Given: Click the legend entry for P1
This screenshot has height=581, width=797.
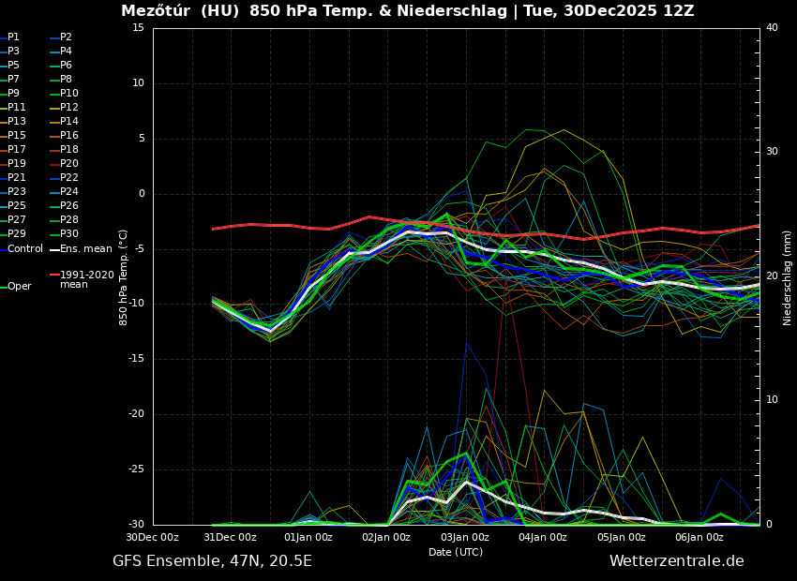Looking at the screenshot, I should coord(13,37).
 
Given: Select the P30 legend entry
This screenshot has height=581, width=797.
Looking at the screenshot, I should coord(69,234).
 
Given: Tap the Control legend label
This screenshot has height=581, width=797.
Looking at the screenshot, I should coord(25,248).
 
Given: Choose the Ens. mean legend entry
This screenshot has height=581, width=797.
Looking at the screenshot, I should coord(85,248).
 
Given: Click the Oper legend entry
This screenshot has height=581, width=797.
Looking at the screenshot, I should coord(19,287).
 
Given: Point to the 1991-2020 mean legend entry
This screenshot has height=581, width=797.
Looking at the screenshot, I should coord(86,279).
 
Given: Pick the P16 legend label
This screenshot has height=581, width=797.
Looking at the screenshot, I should coord(69,136).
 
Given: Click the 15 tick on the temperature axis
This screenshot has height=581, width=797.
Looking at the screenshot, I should coord(138,28).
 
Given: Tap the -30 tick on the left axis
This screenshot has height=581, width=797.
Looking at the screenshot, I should coord(135,525).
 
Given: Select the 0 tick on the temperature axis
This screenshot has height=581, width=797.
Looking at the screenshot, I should coord(141,194).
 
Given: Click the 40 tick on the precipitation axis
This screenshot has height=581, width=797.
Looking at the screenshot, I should coord(772,28).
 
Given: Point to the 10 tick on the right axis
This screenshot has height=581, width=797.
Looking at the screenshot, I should coord(772,400).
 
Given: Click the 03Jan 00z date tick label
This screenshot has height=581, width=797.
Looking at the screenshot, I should coord(465,538).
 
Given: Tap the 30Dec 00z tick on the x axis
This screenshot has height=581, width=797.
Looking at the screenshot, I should coord(153,538).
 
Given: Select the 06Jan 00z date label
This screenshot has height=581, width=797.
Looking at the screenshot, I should coord(699,538).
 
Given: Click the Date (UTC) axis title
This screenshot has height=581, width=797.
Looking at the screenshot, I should coord(456,553).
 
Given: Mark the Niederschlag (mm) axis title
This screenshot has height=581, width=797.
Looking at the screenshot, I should coord(788,277).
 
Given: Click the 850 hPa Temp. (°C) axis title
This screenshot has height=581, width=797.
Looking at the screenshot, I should coord(124,277).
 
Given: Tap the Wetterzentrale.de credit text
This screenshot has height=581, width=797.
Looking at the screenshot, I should coord(676,561).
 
